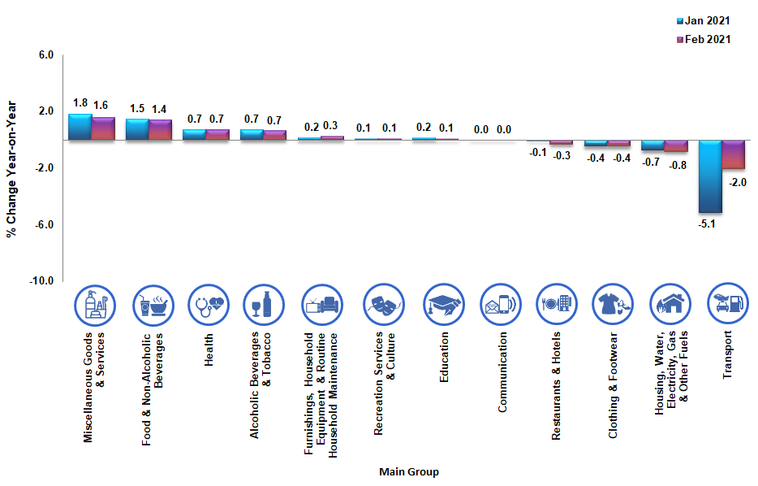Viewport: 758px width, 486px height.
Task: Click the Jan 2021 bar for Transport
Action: pyautogui.click(x=710, y=176)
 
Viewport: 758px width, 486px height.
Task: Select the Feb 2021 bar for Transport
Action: pyautogui.click(x=734, y=154)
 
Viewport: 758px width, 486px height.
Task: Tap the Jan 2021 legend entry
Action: pyautogui.click(x=703, y=20)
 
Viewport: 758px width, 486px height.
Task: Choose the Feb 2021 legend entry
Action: pyautogui.click(x=703, y=39)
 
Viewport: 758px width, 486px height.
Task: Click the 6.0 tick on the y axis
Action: pyautogui.click(x=45, y=55)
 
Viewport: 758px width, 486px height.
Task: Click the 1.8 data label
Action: pyautogui.click(x=80, y=103)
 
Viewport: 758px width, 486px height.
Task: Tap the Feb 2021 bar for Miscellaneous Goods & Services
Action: pyautogui.click(x=103, y=128)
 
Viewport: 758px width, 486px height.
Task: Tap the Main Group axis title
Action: pyautogui.click(x=409, y=472)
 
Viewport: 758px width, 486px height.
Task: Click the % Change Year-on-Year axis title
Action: pyautogui.click(x=11, y=168)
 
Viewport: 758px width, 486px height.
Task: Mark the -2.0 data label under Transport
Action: pyautogui.click(x=738, y=182)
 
